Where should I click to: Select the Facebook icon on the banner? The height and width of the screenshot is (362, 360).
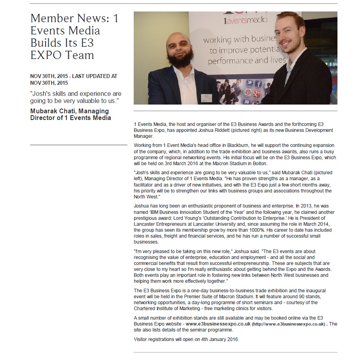[258, 84]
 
